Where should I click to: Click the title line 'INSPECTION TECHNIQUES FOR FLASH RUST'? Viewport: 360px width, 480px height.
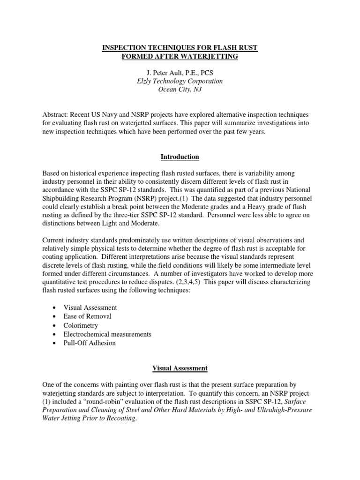tap(180, 47)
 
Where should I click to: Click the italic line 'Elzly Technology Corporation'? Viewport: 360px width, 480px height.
tap(180, 81)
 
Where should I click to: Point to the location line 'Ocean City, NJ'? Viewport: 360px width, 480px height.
tap(180, 90)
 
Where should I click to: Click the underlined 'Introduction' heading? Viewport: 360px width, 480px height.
tap(180, 157)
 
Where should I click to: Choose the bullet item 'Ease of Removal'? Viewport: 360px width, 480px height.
tap(88, 316)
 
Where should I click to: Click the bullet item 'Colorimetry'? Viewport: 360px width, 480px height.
tap(81, 325)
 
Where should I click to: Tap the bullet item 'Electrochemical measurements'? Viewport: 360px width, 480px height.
tap(107, 334)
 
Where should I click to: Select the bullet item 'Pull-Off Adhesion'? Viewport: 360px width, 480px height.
tap(90, 343)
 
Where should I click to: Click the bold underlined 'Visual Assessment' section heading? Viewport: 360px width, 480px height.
tap(180, 368)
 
